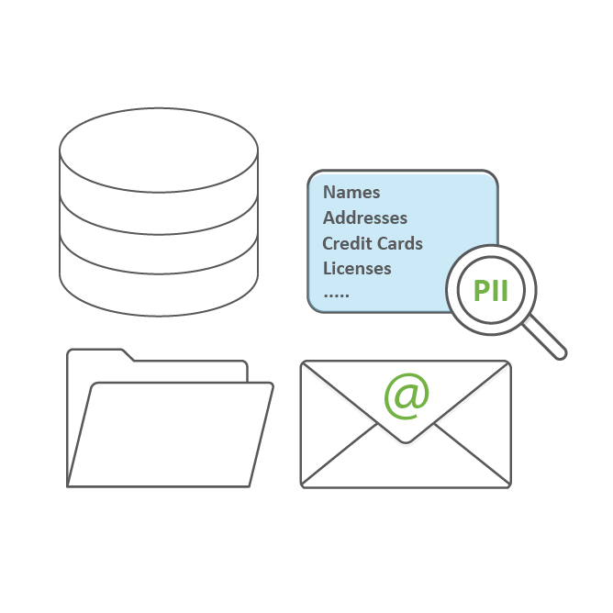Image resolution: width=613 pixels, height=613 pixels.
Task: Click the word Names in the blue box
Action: (351, 193)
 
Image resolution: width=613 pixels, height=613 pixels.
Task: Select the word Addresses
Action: (365, 218)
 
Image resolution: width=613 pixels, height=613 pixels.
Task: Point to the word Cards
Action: (399, 243)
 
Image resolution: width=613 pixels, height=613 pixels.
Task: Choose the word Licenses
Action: (357, 269)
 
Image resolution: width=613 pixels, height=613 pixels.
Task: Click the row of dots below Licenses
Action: (337, 295)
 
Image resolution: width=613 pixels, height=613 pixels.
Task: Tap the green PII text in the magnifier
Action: (491, 291)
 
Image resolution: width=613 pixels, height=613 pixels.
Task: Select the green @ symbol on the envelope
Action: (407, 395)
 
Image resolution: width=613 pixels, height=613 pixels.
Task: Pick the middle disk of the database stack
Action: (158, 234)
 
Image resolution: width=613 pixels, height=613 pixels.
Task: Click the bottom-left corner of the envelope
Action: (303, 485)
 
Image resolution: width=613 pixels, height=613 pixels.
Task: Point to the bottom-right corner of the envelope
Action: (508, 485)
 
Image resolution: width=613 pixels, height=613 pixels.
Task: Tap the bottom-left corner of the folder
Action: (69, 485)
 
